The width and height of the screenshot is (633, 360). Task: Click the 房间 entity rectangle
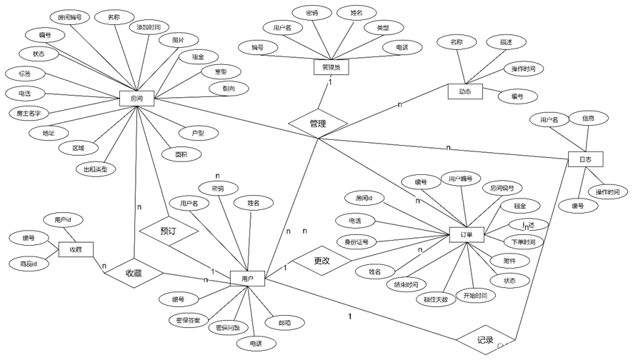click(x=136, y=99)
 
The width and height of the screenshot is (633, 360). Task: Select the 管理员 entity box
click(x=331, y=67)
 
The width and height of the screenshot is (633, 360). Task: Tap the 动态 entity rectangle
click(x=465, y=91)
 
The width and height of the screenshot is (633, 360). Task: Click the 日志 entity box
click(x=585, y=159)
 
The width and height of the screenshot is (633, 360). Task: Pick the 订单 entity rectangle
click(x=467, y=234)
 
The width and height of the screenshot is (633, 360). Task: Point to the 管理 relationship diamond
click(x=318, y=124)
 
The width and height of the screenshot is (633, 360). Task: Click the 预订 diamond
click(x=169, y=231)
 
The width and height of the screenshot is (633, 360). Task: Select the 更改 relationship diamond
click(x=322, y=261)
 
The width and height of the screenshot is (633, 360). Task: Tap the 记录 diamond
click(x=485, y=340)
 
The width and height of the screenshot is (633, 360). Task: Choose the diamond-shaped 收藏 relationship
click(x=134, y=273)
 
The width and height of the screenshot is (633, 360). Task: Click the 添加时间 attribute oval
click(x=149, y=27)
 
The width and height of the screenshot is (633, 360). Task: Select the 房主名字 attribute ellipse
click(x=29, y=113)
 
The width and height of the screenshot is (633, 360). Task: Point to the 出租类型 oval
click(x=95, y=169)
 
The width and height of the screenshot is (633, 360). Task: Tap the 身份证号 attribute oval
click(x=356, y=242)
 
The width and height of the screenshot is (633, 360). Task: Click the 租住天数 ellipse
click(x=436, y=299)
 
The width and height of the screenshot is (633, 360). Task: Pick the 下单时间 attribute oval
click(x=524, y=241)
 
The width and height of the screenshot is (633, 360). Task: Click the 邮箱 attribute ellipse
click(x=285, y=324)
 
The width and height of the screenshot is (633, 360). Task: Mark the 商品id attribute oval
click(x=29, y=264)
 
